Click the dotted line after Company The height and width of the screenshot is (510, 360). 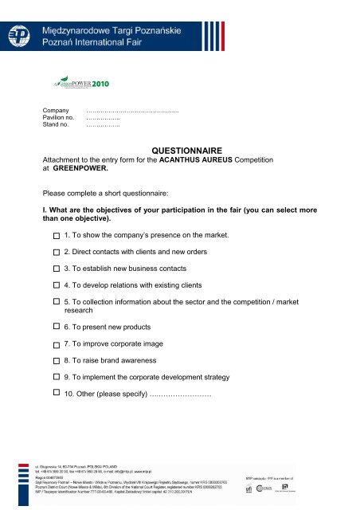120,112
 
